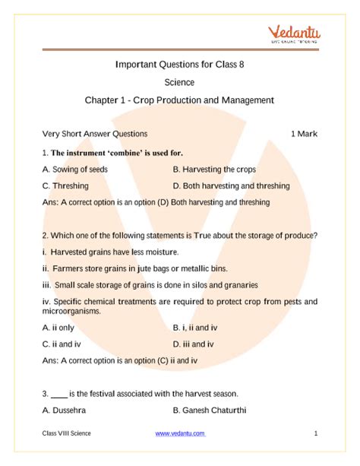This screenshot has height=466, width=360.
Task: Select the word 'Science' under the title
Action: [x=179, y=82]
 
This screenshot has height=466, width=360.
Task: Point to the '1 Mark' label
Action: [x=304, y=134]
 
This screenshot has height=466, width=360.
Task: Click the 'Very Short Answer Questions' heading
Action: [x=95, y=134]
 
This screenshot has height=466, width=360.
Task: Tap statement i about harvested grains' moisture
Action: [x=111, y=252]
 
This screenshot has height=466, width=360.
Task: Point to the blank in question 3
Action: [x=58, y=394]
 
